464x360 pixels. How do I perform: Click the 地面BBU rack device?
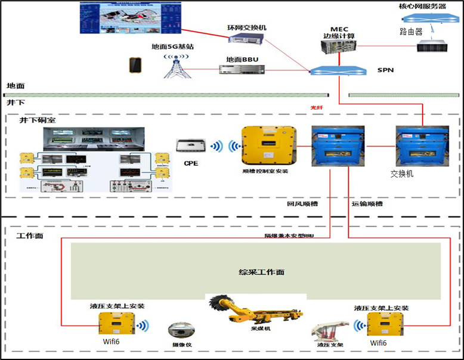pyautogui.click(x=242, y=70)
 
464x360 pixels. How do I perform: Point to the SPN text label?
pyautogui.click(x=385, y=70)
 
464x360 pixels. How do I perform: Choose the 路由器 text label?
pyautogui.click(x=411, y=31)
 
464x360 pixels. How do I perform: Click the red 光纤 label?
pyautogui.click(x=316, y=107)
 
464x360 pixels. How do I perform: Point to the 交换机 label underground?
pyautogui.click(x=402, y=173)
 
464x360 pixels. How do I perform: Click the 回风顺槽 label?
pyautogui.click(x=302, y=203)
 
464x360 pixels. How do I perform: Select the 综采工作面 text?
pyautogui.click(x=258, y=272)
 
